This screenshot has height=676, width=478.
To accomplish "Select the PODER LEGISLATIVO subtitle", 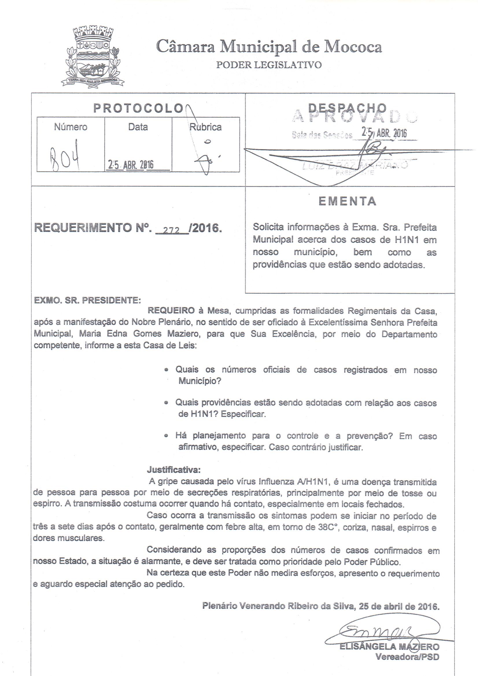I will coord(269,64).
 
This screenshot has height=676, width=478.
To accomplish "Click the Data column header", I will coord(138,127).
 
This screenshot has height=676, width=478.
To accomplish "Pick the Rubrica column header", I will coord(205,127).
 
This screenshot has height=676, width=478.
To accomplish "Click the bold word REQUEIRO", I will coord(171,311).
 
